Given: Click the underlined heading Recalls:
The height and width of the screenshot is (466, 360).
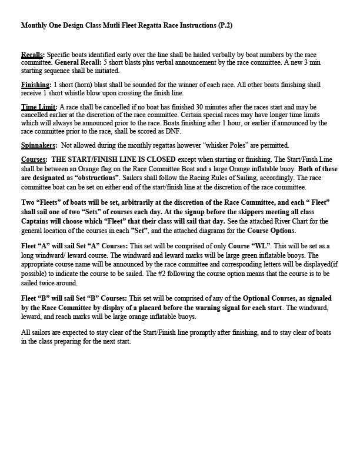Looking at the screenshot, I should [32, 54].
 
